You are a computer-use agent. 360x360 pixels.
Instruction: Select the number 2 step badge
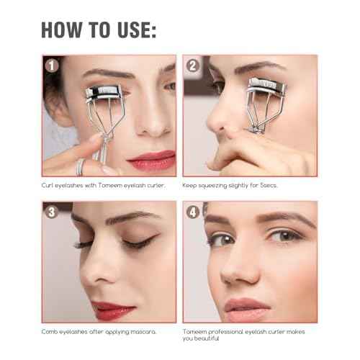click(192, 66)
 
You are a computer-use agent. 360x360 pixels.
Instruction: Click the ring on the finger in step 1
click(81, 166)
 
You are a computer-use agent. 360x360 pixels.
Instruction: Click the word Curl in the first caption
click(48, 185)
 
